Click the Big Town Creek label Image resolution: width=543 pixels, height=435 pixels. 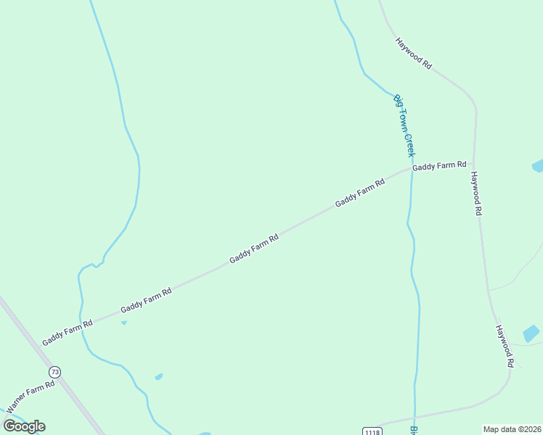(404, 125)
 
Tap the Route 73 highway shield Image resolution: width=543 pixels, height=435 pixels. (55, 372)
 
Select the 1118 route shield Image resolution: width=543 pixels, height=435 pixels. (371, 431)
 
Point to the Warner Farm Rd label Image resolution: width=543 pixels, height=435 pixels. (30, 396)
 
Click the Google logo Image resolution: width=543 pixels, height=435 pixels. (24, 426)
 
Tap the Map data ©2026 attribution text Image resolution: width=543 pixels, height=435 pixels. (512, 429)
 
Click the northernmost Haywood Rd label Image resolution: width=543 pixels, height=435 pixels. (414, 53)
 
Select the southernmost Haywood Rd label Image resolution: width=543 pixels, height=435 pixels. (505, 345)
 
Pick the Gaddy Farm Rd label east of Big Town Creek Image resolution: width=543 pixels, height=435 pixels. (439, 166)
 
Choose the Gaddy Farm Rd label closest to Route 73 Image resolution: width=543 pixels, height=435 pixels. (68, 332)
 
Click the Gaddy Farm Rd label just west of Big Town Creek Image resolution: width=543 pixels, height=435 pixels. (359, 194)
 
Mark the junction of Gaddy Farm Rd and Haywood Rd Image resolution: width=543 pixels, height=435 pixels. (474, 164)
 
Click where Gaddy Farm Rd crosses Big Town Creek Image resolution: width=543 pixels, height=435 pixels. (411, 170)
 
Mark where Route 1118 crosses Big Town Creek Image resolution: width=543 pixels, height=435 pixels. (415, 419)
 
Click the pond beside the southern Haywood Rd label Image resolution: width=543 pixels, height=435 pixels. (531, 333)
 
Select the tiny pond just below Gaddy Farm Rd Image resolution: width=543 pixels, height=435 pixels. (124, 323)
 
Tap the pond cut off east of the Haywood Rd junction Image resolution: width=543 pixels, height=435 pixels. (538, 166)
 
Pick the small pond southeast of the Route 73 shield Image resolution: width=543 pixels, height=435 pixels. (158, 377)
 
